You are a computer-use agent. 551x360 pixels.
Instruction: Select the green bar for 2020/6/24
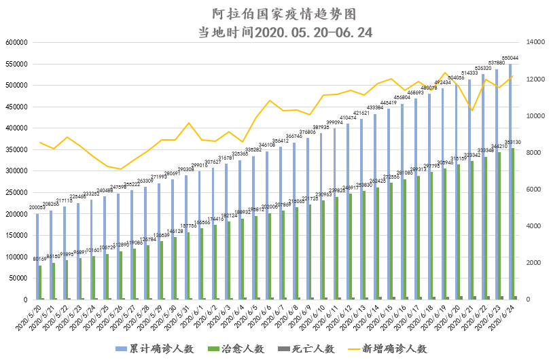click(x=514, y=223)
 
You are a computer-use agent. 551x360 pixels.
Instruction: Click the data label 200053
click(x=37, y=208)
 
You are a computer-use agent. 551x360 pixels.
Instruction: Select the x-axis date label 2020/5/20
click(x=31, y=315)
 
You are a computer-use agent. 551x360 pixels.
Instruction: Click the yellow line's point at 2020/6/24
click(x=512, y=76)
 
